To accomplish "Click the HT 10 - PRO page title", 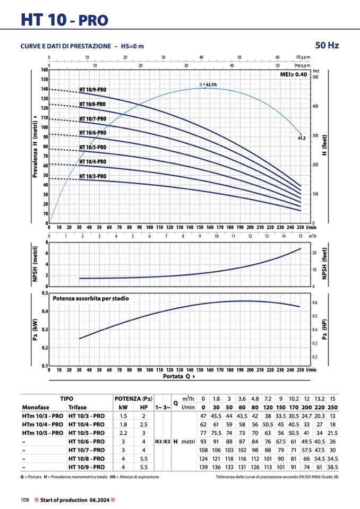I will tap(64, 20).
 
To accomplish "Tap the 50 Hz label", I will tap(327, 45).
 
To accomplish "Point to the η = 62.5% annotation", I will tap(207, 84).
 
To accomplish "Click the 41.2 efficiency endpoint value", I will tap(301, 139).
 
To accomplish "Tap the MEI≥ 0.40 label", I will tap(294, 75).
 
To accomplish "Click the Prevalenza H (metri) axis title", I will tap(35, 146).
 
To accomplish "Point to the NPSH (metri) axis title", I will tap(35, 264).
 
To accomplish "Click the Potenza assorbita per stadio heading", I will tap(90, 298).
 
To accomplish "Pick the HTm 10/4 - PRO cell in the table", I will tap(42, 425).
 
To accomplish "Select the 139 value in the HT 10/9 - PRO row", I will tap(203, 467).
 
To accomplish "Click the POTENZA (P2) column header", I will tap(134, 398).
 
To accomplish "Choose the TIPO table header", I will tap(67, 398).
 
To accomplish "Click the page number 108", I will tap(25, 499).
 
